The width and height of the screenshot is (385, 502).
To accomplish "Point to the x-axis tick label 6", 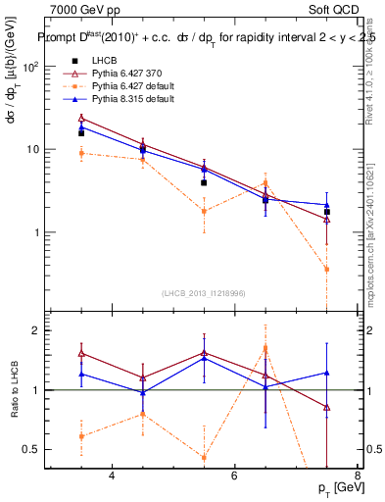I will click(x=235, y=477).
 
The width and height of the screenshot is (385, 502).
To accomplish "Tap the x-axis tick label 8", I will click(x=357, y=477).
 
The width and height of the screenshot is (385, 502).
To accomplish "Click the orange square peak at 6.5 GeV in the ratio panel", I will click(x=265, y=348).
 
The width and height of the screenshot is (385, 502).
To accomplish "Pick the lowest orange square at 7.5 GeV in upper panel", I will click(x=326, y=269).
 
